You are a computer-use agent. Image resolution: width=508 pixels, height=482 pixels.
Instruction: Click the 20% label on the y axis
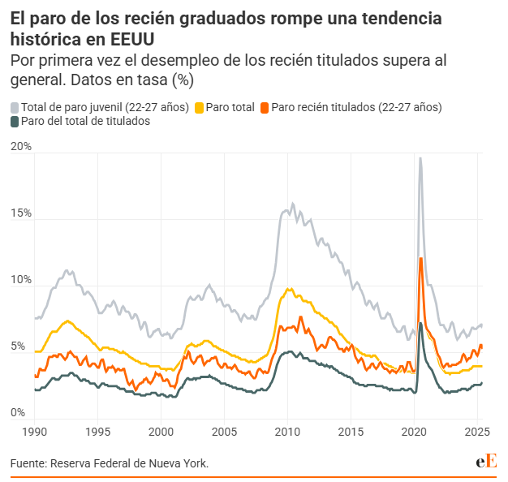(21, 147)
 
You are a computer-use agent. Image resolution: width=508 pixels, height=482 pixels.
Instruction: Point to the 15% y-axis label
(21, 213)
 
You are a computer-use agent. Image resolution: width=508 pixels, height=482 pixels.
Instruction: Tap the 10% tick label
(21, 280)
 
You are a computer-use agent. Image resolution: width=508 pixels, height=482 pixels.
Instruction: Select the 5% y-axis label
(18, 346)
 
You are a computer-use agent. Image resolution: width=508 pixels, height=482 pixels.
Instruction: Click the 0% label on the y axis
(18, 413)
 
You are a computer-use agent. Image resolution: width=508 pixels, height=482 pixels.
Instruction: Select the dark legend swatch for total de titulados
(15, 123)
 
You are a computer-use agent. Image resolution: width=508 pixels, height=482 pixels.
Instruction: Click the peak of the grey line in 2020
(420, 158)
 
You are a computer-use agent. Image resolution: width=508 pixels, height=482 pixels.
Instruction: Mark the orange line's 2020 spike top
(420, 258)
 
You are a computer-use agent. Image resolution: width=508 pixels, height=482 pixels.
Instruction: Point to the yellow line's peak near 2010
(289, 288)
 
